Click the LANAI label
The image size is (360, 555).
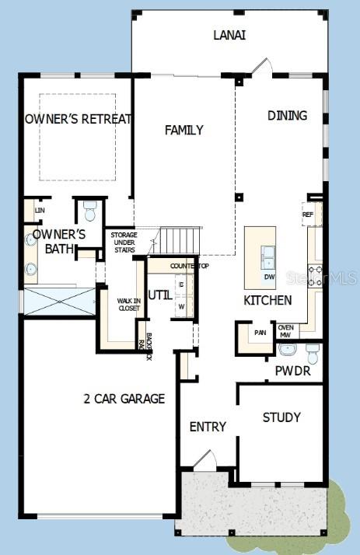click(231, 35)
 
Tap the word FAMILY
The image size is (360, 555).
click(184, 130)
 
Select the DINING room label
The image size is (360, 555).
click(287, 115)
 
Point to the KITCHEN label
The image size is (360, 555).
click(267, 300)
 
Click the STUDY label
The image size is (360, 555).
click(281, 417)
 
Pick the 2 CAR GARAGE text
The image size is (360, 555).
click(124, 399)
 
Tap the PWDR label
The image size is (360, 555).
click(292, 372)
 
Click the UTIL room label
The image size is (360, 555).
click(160, 295)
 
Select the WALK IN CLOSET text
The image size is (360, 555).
click(128, 304)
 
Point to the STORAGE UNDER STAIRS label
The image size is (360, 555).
click(124, 242)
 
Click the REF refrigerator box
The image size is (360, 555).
click(308, 214)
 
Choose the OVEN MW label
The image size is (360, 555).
click(285, 330)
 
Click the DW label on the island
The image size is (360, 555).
click(269, 277)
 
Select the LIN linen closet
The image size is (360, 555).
click(38, 211)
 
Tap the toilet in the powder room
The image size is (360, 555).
click(313, 354)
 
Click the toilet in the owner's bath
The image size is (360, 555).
click(89, 211)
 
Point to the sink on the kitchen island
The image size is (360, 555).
click(268, 254)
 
